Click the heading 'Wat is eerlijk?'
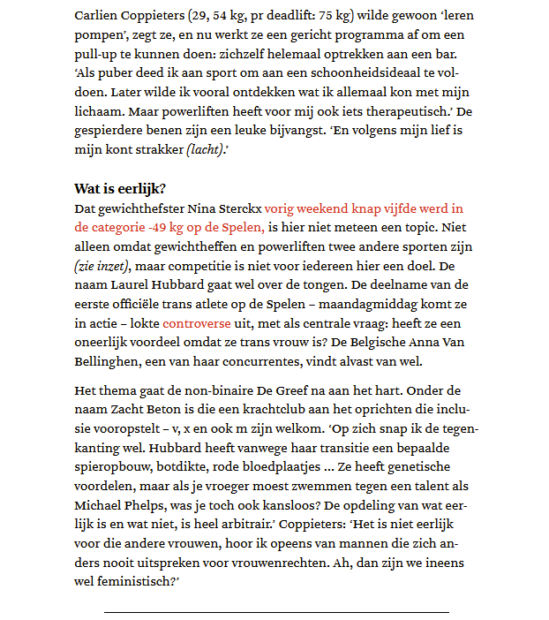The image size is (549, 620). (x=120, y=188)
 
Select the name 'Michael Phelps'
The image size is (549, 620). (x=118, y=506)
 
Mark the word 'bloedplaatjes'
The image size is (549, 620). (x=295, y=467)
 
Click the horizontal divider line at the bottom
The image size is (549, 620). (x=275, y=612)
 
